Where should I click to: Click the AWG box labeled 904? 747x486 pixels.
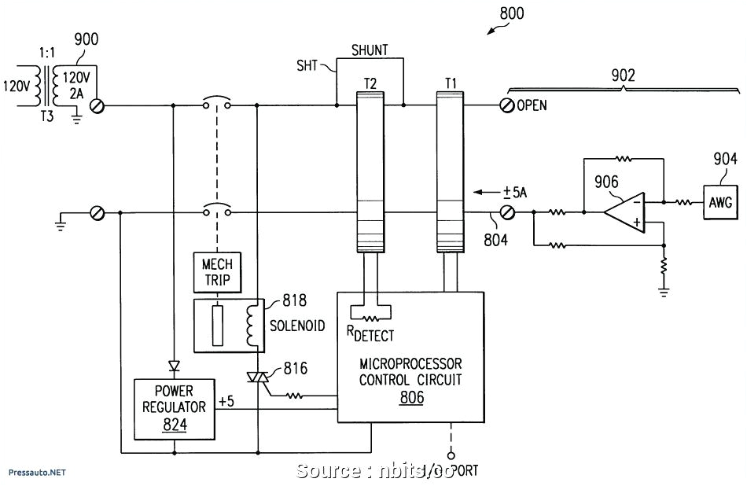click(720, 203)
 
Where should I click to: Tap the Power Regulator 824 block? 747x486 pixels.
click(172, 408)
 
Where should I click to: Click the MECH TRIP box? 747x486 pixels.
click(216, 273)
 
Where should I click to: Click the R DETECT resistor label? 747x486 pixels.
click(370, 334)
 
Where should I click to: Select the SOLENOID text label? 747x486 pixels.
click(296, 326)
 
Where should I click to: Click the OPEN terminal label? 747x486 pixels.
click(532, 105)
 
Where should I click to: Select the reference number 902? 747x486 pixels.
click(623, 75)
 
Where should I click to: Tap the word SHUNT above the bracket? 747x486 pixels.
click(369, 50)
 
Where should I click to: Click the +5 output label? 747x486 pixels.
click(226, 402)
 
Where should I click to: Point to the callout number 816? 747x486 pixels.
click(296, 368)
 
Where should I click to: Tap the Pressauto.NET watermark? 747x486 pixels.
click(37, 473)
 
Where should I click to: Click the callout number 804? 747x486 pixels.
click(495, 240)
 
